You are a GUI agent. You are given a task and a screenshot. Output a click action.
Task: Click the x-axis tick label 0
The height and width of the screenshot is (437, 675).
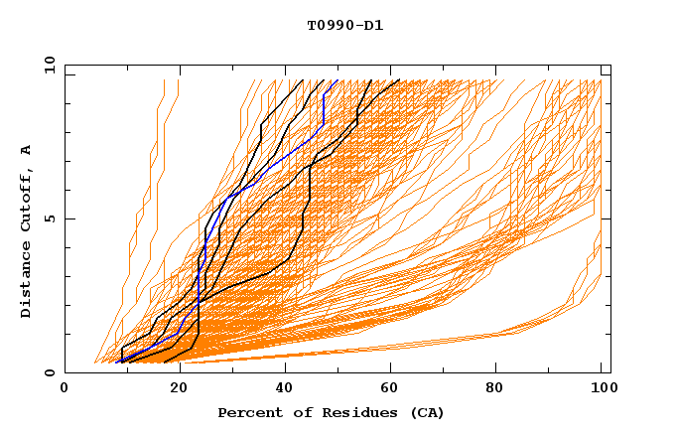[65, 388]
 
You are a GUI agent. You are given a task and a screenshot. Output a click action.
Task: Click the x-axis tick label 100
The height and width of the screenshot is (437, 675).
[601, 388]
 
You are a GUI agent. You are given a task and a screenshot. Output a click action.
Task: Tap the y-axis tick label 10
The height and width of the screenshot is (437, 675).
[49, 66]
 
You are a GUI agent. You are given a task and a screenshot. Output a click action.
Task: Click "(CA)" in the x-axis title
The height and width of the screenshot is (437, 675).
[424, 412]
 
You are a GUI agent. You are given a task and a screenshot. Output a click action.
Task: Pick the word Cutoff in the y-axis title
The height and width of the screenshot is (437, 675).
[27, 196]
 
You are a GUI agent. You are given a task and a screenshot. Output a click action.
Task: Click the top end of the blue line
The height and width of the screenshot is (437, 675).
[337, 80]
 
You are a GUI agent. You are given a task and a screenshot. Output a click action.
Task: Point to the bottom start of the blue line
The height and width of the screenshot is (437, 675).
[116, 363]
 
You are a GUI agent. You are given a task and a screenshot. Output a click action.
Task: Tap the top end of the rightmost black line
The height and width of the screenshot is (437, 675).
[399, 80]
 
